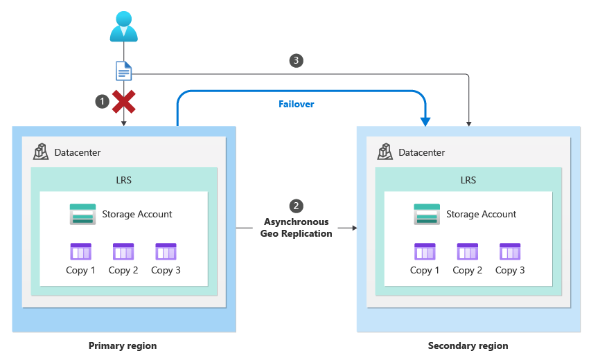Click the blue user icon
click(123, 26)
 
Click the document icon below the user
click(123, 71)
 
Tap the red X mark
click(124, 102)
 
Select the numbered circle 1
click(102, 102)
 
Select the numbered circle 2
click(296, 206)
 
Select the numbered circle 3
click(296, 60)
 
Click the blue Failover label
click(296, 104)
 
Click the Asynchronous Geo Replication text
click(296, 228)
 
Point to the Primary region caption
click(123, 345)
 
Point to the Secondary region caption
click(468, 345)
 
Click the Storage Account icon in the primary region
click(82, 214)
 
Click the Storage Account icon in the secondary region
click(427, 214)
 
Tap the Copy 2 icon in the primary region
click(123, 251)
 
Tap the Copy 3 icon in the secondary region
click(510, 251)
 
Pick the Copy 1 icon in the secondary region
click(425, 251)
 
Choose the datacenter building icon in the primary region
click(42, 152)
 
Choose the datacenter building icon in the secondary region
click(386, 152)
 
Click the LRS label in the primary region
click(124, 180)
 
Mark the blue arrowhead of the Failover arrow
click(425, 121)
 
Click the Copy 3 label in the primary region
click(166, 270)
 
